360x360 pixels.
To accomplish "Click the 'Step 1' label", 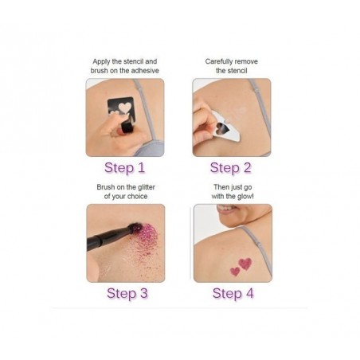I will tap(125, 167).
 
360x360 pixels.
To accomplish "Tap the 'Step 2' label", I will tap(232, 167).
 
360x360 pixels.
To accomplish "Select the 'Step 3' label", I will tap(127, 293).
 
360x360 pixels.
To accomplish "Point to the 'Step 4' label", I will tap(233, 293).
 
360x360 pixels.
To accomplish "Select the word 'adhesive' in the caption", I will tap(145, 70).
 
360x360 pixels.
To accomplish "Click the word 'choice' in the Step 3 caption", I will tap(139, 197).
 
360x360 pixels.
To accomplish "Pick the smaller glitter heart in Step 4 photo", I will tap(235, 272).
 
